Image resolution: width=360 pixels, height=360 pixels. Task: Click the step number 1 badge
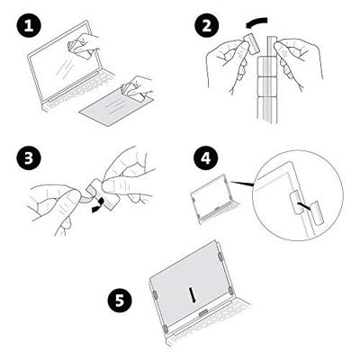pos(29,26)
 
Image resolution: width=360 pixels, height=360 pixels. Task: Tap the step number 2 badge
pos(207,25)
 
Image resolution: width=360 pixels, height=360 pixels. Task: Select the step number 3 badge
pos(29,158)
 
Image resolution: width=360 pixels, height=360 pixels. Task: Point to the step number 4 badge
pos(206,159)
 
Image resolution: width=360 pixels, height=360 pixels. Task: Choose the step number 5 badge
pos(121,301)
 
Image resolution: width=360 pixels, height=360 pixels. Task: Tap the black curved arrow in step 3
pos(99,205)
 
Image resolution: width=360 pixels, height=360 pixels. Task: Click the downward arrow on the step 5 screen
pos(193,294)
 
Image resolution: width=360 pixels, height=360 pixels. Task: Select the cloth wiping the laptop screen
pos(78,49)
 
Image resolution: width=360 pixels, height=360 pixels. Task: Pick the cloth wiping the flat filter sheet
pos(132,91)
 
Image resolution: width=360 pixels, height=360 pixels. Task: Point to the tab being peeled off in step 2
pos(251,43)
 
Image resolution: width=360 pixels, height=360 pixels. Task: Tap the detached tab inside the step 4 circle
pos(318,214)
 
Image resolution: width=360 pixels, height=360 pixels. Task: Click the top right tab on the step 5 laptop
pos(220,256)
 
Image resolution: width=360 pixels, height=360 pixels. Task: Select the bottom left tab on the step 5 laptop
pos(165,328)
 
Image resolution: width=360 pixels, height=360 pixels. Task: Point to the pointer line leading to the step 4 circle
pos(244,184)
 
